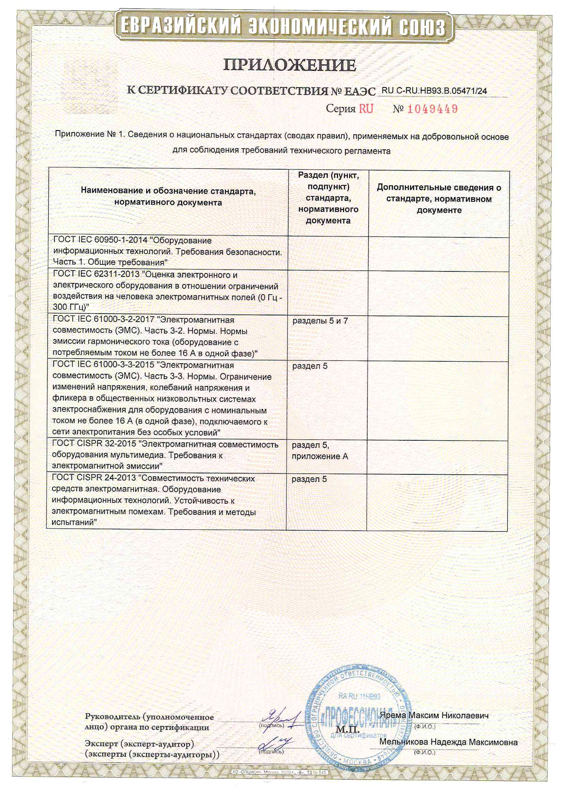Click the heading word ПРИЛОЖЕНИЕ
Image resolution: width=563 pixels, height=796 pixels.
click(290, 65)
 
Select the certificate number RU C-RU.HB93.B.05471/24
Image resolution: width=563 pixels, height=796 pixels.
click(434, 91)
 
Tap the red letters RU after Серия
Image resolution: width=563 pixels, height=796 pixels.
click(366, 109)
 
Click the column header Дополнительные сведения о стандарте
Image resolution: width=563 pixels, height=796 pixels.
click(439, 199)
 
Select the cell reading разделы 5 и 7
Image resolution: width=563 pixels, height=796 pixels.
click(320, 321)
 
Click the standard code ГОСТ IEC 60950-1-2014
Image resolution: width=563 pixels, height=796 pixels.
click(100, 241)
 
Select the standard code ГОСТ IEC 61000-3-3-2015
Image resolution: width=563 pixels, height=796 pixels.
click(103, 366)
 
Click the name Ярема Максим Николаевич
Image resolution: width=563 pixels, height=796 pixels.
click(434, 716)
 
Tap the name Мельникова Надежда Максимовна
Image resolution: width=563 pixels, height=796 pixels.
click(448, 742)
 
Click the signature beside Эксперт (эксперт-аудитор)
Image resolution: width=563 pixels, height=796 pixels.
click(277, 744)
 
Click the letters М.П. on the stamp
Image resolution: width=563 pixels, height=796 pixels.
click(348, 729)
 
